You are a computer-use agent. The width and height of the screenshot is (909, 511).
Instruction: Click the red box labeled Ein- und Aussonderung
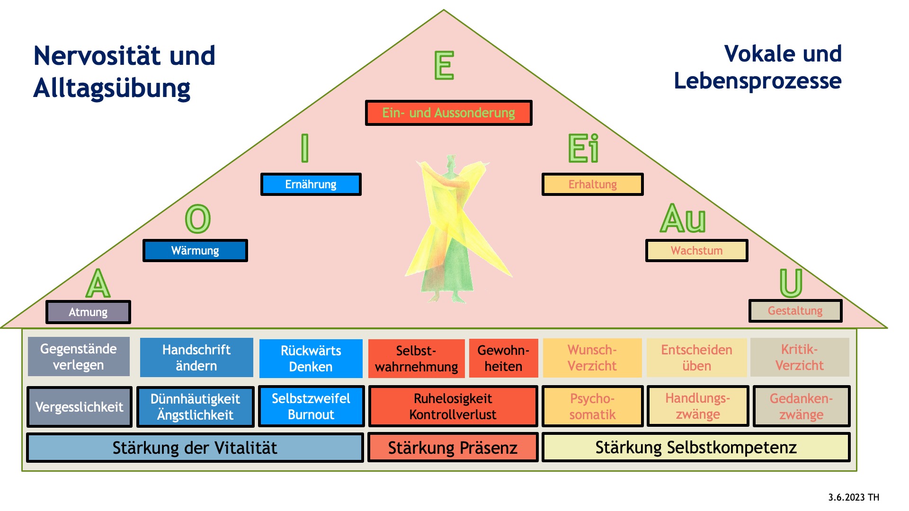tap(448, 113)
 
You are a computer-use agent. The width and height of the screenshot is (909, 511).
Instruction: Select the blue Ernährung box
tap(311, 184)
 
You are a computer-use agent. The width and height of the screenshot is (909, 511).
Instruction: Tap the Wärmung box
tap(195, 250)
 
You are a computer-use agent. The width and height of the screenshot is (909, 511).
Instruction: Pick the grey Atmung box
tap(88, 312)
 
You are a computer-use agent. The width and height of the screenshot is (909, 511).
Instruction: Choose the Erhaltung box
tap(592, 184)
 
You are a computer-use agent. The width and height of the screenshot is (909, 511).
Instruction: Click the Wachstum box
tap(696, 250)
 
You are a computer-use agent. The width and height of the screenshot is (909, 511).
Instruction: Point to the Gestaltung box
tap(795, 311)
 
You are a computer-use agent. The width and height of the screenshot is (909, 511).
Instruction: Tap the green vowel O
tap(197, 219)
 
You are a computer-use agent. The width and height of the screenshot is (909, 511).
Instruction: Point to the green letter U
tap(791, 283)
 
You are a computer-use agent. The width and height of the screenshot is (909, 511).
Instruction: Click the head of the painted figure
tap(451, 161)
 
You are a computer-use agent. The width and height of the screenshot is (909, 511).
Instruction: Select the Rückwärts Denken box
tap(311, 358)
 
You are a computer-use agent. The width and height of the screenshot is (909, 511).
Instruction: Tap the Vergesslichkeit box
tap(79, 407)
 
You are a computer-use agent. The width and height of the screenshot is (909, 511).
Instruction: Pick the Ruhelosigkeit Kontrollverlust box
tap(453, 406)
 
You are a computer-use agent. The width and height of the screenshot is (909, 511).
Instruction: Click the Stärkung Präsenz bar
tap(453, 448)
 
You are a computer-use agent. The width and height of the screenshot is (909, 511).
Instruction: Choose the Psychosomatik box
tap(592, 406)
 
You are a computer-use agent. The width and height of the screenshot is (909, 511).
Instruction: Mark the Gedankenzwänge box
tap(801, 406)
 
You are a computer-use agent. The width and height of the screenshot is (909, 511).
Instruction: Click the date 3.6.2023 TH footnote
tap(854, 497)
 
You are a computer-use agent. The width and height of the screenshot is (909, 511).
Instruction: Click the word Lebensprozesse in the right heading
tap(757, 81)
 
